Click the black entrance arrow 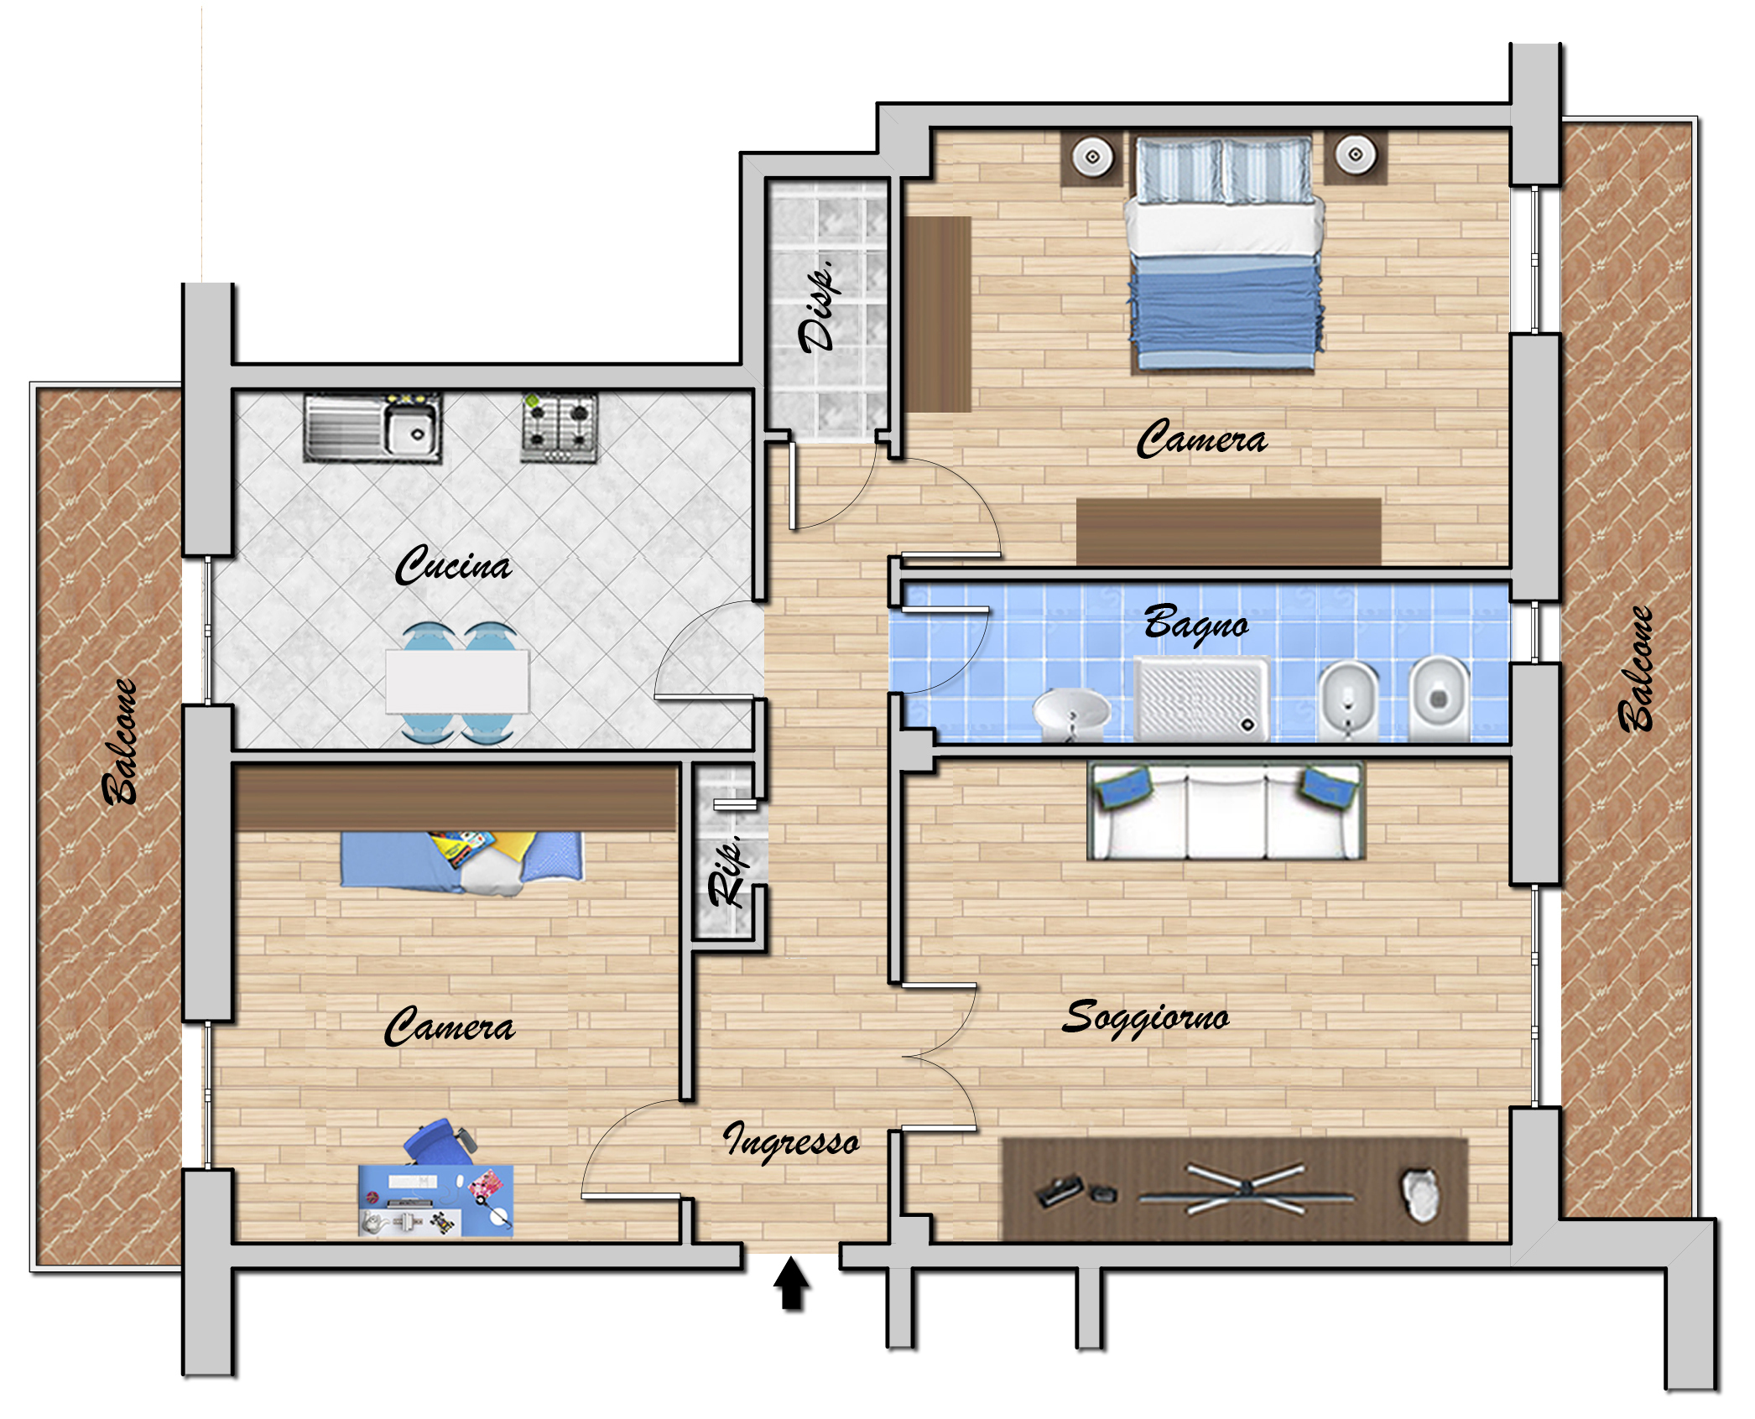point(790,1285)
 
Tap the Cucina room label point(453,564)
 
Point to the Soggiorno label point(1146,1018)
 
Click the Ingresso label point(791,1141)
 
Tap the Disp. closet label point(818,306)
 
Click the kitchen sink point(372,427)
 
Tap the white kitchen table point(457,681)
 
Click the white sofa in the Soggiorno point(1226,810)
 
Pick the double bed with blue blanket point(1224,253)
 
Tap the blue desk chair point(437,1141)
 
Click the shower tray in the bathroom point(1201,699)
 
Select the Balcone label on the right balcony point(1635,668)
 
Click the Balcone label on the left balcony point(119,741)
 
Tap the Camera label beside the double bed point(1201,439)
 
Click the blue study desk point(435,1200)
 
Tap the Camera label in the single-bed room point(450,1026)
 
